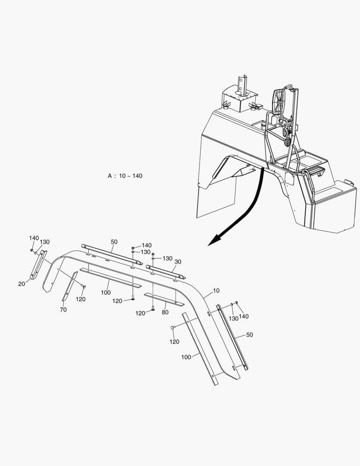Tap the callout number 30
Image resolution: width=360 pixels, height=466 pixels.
click(178, 261)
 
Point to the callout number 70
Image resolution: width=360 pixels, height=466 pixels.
click(63, 309)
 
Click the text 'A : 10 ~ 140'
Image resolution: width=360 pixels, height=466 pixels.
click(125, 176)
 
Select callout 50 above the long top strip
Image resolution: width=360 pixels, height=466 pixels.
click(114, 242)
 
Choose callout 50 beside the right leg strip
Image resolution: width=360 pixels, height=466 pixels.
click(249, 334)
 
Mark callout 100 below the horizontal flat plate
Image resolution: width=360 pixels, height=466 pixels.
click(106, 293)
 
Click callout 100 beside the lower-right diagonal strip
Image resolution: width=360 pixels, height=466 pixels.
click(186, 357)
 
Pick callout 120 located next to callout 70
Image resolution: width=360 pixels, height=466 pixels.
click(81, 299)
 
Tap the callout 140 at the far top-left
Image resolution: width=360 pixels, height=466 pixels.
click(34, 238)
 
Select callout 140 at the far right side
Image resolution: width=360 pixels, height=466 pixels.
click(244, 316)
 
